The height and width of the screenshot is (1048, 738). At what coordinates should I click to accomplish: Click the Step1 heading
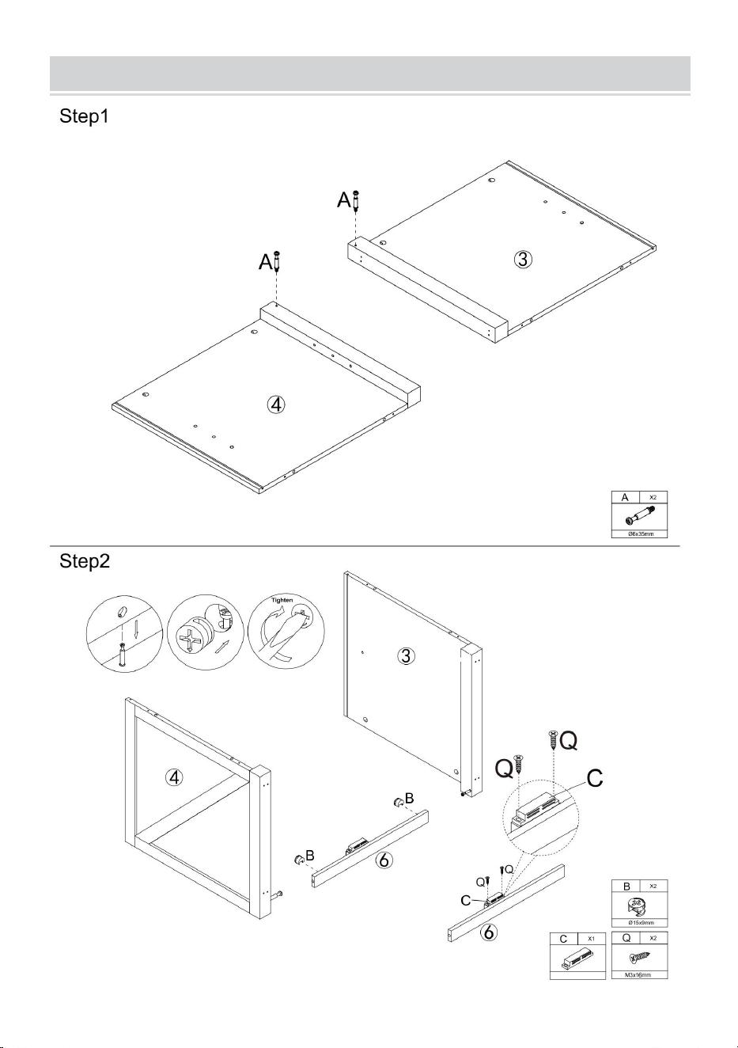(84, 116)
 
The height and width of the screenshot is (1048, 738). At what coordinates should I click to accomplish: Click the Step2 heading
(84, 561)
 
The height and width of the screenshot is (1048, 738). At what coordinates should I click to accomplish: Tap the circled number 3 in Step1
(524, 259)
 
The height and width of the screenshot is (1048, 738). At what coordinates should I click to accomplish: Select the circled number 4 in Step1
(276, 404)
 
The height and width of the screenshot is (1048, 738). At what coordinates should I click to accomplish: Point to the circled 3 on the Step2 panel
(406, 655)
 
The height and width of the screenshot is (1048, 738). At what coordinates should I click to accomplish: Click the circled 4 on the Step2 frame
(173, 777)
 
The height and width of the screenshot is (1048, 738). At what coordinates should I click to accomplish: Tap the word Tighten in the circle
(282, 600)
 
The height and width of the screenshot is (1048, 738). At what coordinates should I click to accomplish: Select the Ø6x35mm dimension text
(640, 533)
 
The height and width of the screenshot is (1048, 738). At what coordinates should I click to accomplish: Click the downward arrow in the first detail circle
(136, 628)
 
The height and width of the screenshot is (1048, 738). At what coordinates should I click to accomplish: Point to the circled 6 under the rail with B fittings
(384, 860)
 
